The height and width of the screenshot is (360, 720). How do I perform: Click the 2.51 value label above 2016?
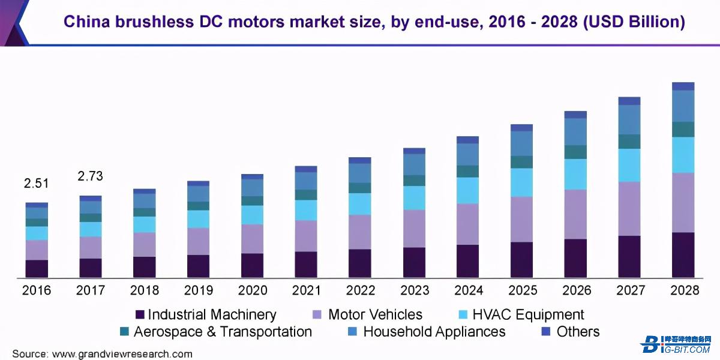click(37, 183)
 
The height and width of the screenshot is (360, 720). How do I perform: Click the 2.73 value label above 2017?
click(91, 176)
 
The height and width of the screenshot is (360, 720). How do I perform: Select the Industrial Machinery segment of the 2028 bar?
click(683, 255)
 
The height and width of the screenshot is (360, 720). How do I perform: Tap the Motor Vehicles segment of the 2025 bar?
click(521, 219)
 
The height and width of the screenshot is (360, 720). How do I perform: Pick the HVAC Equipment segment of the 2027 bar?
click(629, 165)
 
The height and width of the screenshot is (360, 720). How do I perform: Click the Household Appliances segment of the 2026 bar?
click(575, 131)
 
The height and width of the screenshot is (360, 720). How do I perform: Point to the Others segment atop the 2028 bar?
click(683, 86)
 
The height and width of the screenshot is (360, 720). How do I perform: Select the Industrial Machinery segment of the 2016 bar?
click(37, 269)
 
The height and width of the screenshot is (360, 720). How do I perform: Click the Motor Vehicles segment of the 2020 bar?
click(252, 239)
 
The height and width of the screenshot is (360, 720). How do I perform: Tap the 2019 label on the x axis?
click(198, 290)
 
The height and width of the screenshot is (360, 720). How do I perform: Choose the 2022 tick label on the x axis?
click(360, 290)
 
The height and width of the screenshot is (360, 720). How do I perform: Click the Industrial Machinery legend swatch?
click(140, 314)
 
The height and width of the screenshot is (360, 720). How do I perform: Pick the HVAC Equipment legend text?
click(528, 314)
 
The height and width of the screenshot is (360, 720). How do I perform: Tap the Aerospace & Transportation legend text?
click(223, 332)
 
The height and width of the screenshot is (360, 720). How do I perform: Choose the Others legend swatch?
click(546, 332)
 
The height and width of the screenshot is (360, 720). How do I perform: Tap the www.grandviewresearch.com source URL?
click(122, 354)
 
